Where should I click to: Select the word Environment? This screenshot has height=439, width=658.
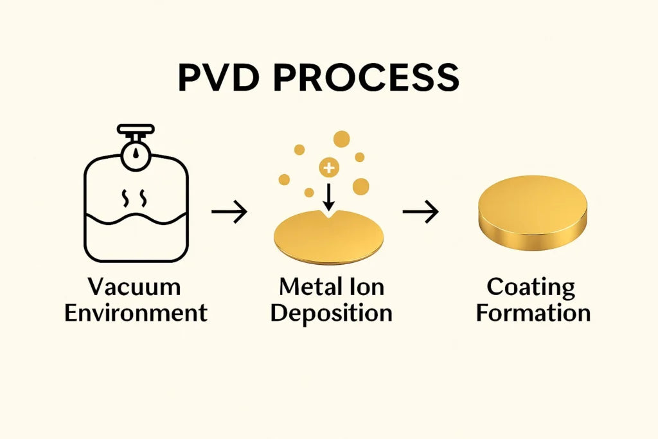[x=136, y=313]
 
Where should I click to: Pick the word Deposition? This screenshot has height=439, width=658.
[x=331, y=313]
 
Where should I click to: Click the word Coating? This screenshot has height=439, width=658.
[x=530, y=287]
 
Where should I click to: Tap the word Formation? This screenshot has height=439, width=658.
[x=533, y=313]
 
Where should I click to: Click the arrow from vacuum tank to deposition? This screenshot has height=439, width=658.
[x=229, y=211]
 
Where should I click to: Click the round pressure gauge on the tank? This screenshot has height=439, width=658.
[x=136, y=158]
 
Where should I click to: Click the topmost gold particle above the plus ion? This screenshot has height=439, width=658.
[x=342, y=138]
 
